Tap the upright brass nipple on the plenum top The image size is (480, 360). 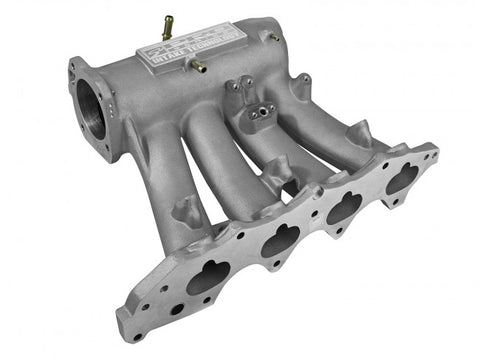coord(159,27)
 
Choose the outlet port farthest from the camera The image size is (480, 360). coord(402,176)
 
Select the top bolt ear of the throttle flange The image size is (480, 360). coord(78,68)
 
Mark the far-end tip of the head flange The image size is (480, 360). coord(432,152)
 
